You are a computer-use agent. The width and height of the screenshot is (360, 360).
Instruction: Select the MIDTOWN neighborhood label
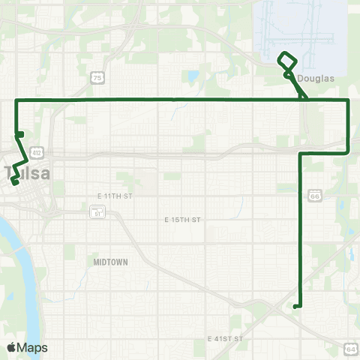point(111,262)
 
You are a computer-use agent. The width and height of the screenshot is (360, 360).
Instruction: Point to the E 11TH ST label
point(114,196)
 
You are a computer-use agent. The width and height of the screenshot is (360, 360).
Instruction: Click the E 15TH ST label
point(182,220)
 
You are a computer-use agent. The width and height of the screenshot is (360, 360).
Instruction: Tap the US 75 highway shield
point(97,77)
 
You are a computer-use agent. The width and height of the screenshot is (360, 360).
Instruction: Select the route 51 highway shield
point(96,212)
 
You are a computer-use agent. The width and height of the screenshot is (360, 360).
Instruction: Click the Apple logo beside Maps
point(11,348)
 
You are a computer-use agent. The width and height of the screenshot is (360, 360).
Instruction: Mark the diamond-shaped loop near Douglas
point(287,61)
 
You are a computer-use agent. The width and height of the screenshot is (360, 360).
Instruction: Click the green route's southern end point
point(296,306)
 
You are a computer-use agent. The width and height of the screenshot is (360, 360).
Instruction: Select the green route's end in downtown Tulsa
point(14,182)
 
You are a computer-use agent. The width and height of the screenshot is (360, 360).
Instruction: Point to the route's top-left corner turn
point(16,100)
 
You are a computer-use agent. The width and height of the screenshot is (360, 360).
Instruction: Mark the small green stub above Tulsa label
point(20,135)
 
